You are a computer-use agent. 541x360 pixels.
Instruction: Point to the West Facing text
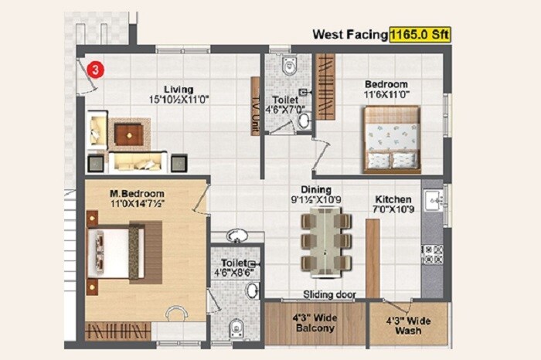pos(349,34)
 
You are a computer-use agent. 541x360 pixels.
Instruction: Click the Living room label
pos(179,89)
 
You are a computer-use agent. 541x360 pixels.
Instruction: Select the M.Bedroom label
pos(128,192)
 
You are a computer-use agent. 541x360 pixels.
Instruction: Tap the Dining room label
pos(317,189)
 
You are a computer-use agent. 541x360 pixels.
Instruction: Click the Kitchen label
pos(393,199)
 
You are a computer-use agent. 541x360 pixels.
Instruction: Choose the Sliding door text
pos(329,294)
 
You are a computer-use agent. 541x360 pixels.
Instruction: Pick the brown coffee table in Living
pos(128,134)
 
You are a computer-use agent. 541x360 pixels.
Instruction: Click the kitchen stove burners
pos(432,256)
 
